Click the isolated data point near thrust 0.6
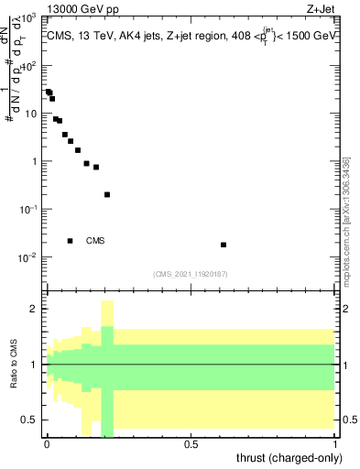[224, 245]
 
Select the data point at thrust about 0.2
[107, 194]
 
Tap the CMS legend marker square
[71, 241]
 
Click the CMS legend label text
[95, 241]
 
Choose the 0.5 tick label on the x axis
[191, 445]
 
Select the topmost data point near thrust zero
[48, 92]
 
